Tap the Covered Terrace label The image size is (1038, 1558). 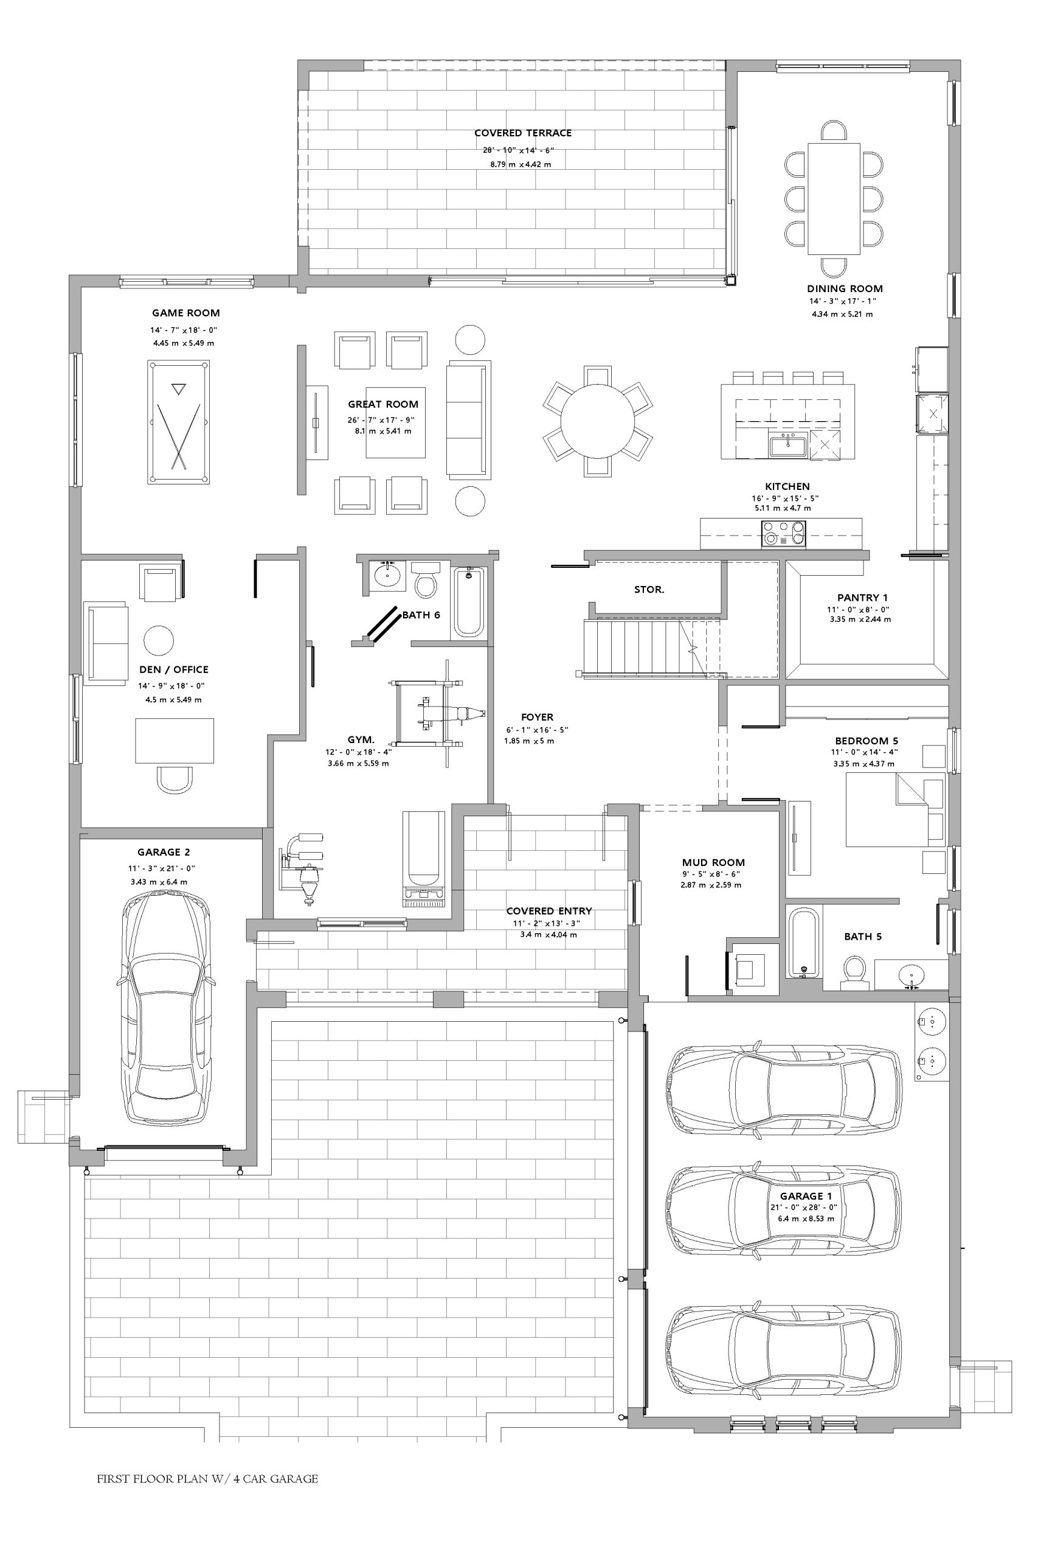click(523, 133)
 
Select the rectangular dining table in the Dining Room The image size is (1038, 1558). click(834, 199)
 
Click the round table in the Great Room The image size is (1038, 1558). click(597, 421)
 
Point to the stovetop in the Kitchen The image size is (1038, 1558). click(784, 533)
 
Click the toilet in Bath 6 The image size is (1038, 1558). click(426, 580)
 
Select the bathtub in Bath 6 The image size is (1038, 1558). click(469, 601)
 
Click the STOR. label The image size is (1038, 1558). click(649, 590)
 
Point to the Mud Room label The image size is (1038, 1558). click(713, 862)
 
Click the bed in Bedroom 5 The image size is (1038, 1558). click(895, 809)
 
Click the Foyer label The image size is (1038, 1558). click(537, 717)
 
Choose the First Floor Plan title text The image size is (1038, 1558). click(207, 1478)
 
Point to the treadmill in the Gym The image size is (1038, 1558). click(424, 859)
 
